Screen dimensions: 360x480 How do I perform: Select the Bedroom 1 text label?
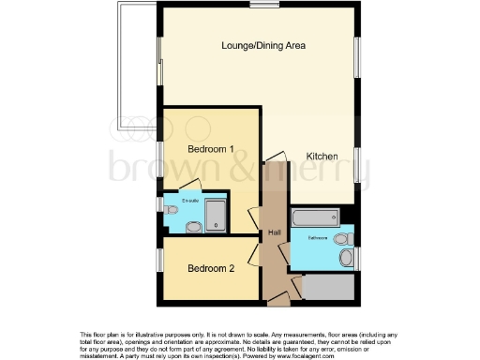210,149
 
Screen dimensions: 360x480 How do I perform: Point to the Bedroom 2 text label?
210,268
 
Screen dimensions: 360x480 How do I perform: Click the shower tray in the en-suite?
216,216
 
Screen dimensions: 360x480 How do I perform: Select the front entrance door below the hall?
277,301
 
